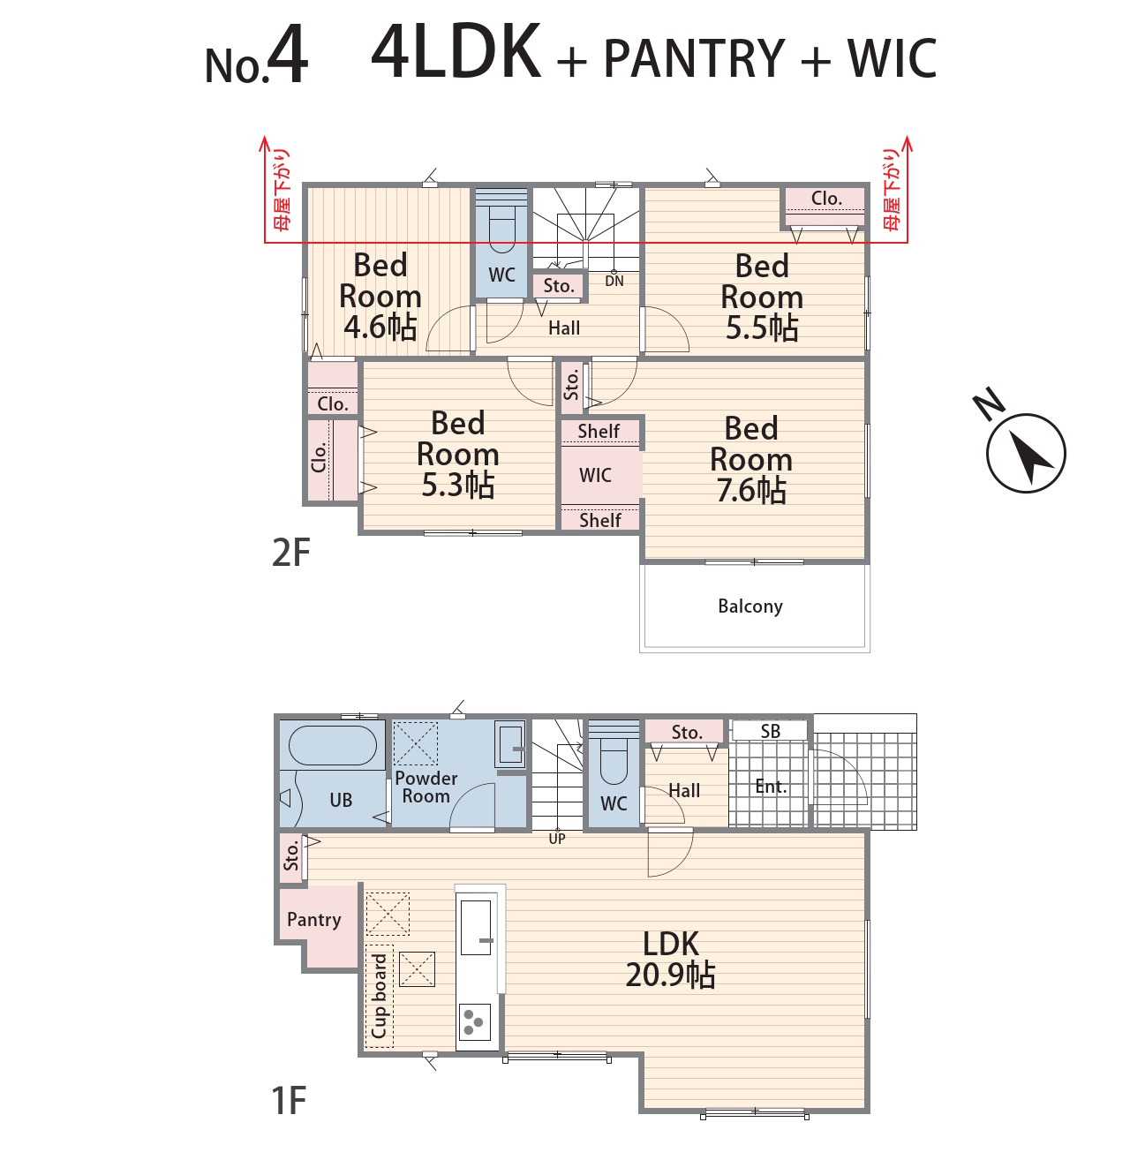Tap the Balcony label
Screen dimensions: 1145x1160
[750, 606]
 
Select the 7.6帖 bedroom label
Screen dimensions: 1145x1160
[751, 459]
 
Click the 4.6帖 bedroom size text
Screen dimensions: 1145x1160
[380, 328]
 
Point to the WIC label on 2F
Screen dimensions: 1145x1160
[595, 475]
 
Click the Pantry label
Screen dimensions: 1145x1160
[313, 919]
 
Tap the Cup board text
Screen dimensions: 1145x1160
[380, 997]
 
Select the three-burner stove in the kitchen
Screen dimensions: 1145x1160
[474, 1022]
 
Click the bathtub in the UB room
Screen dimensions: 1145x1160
[333, 745]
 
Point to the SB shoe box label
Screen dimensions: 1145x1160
[770, 731]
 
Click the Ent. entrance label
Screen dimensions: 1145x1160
[772, 787]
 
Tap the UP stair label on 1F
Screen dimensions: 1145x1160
[557, 839]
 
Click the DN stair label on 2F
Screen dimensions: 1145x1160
[614, 281]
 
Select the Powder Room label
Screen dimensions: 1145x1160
[426, 787]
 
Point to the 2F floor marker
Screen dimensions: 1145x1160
[290, 553]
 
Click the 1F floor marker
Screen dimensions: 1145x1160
[289, 1100]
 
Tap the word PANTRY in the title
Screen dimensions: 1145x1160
[694, 58]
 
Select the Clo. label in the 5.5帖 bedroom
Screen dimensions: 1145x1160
[826, 199]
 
